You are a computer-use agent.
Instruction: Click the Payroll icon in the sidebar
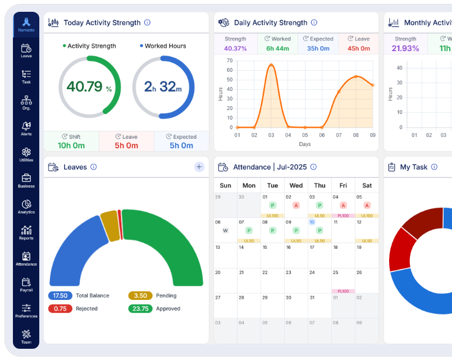tap(26, 282)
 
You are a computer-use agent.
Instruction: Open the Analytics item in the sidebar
tap(26, 205)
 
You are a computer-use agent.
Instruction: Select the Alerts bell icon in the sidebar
tap(26, 126)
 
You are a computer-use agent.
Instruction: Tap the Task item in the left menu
tap(26, 74)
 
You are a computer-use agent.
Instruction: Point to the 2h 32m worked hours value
tap(163, 87)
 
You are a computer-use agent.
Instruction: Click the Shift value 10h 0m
tap(71, 145)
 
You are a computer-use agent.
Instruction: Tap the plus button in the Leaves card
tap(199, 167)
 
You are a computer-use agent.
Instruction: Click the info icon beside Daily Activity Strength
tap(314, 23)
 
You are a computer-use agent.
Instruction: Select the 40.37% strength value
tap(235, 49)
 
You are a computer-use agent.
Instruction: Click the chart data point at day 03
tap(271, 65)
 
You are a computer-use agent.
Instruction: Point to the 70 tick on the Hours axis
tap(230, 54)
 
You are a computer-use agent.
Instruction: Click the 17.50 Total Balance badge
tap(60, 295)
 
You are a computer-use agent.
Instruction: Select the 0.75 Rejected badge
tap(60, 308)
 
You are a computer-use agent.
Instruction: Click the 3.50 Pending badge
tap(140, 295)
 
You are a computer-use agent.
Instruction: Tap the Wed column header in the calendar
tap(296, 185)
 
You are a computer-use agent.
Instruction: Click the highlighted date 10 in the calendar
tap(312, 222)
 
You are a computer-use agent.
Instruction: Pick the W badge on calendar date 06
tap(225, 230)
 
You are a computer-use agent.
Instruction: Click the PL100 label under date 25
tap(343, 291)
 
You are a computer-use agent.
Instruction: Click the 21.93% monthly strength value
tap(405, 49)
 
